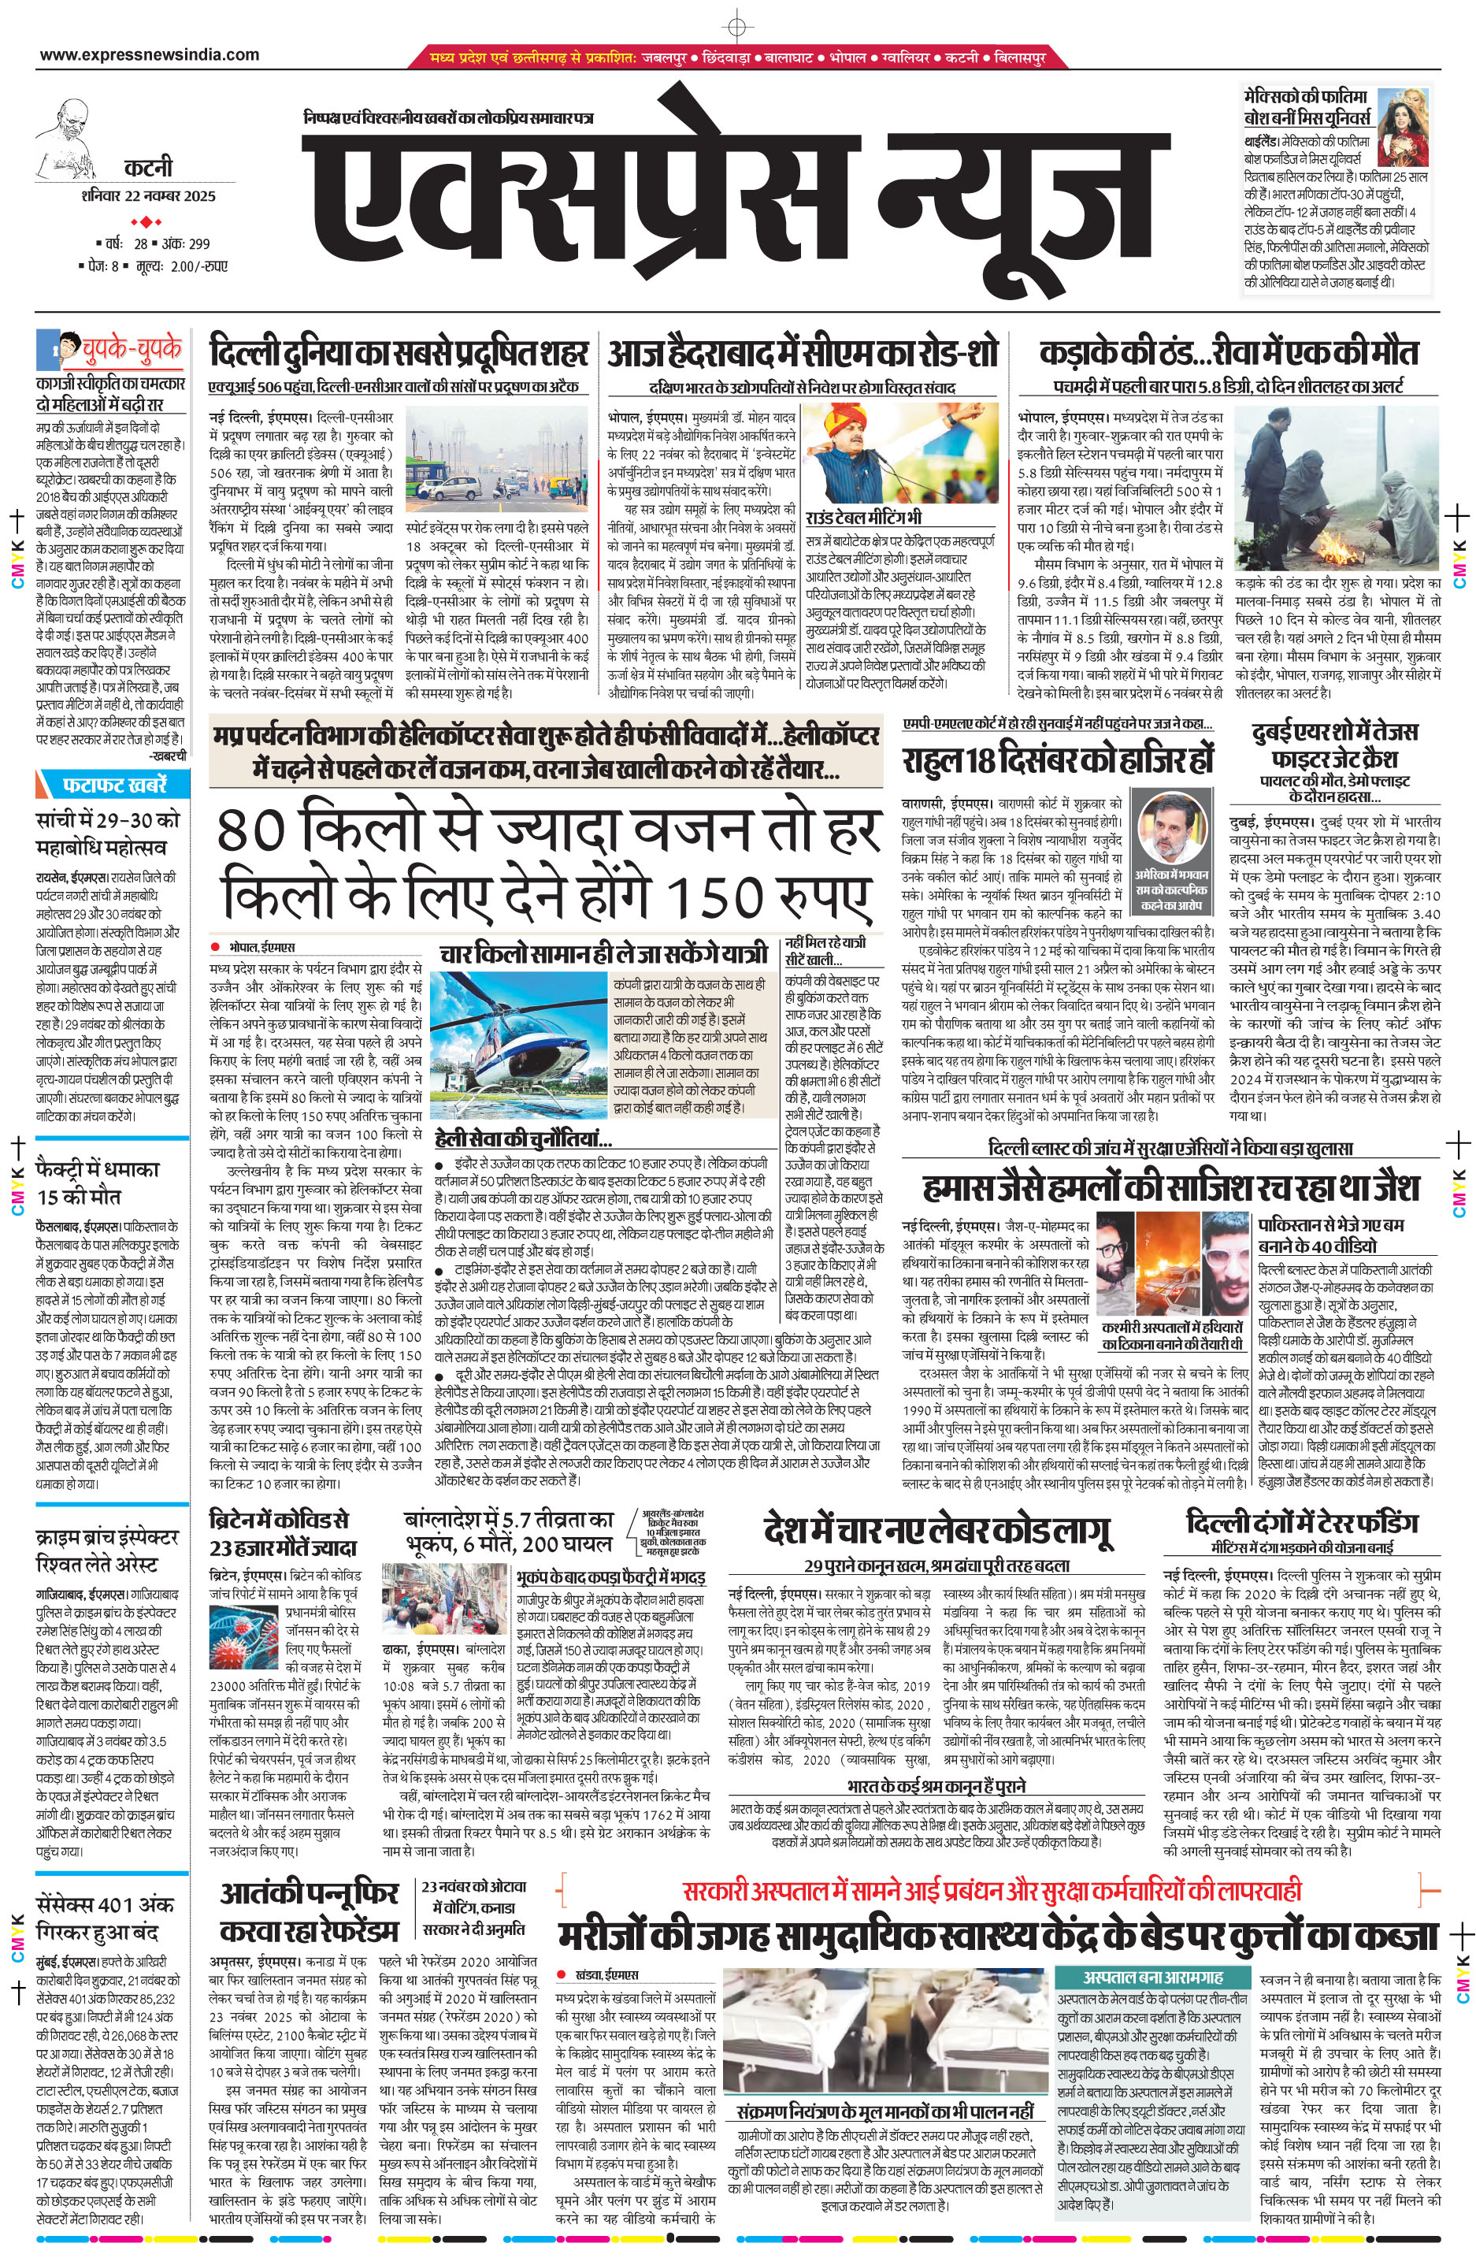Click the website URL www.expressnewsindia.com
point(149,55)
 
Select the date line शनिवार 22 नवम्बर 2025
point(149,196)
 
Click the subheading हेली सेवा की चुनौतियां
point(524,1139)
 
